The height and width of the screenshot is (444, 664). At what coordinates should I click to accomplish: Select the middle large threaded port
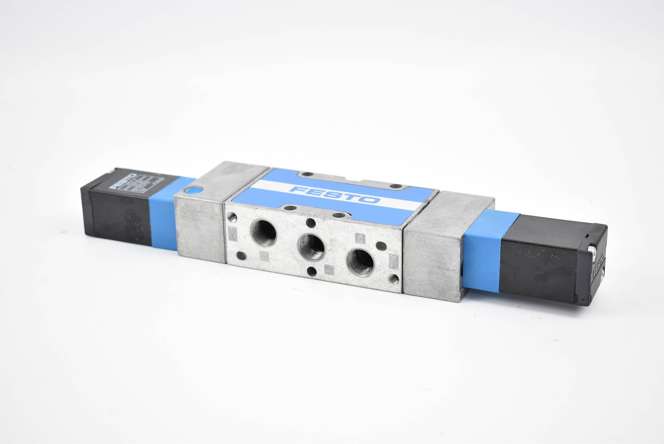[x=311, y=248]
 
